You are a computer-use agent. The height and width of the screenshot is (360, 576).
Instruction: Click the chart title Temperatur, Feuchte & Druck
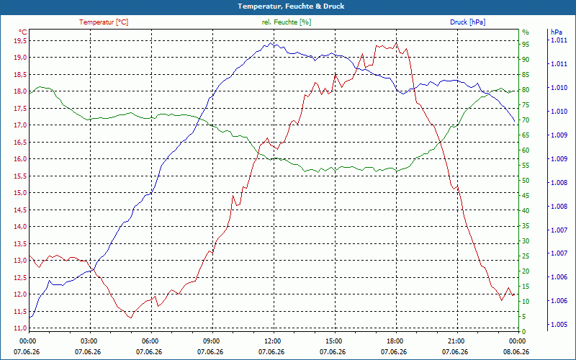click(291, 6)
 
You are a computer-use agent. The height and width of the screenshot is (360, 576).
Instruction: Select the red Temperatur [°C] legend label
click(104, 22)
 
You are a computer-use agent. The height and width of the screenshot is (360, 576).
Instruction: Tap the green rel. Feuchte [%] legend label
click(286, 22)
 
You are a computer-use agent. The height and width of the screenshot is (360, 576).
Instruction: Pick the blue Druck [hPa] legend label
click(467, 22)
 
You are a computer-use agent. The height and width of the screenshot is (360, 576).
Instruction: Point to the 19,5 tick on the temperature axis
click(20, 40)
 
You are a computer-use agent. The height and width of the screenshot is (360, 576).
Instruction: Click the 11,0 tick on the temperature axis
click(20, 328)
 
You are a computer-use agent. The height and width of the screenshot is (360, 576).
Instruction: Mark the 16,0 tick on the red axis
click(20, 159)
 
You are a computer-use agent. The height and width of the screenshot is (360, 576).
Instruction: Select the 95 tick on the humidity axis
click(526, 45)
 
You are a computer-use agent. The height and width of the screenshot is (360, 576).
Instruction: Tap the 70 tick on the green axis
click(526, 120)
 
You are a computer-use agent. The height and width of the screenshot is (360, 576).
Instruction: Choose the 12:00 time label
click(272, 341)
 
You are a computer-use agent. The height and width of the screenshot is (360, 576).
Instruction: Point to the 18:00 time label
click(394, 341)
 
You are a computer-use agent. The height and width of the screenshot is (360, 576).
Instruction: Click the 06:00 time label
click(150, 341)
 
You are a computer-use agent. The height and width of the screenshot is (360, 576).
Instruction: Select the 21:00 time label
click(456, 341)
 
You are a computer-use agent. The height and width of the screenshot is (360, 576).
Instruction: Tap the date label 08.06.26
click(516, 351)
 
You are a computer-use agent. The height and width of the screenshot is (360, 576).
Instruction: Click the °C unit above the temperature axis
click(22, 32)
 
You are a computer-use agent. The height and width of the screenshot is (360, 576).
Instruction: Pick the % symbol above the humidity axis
click(526, 32)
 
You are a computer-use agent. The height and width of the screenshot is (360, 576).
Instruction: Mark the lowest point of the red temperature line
click(130, 318)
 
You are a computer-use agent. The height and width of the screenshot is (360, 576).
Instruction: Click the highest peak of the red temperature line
click(396, 42)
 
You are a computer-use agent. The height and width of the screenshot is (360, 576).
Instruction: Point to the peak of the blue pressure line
click(271, 43)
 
